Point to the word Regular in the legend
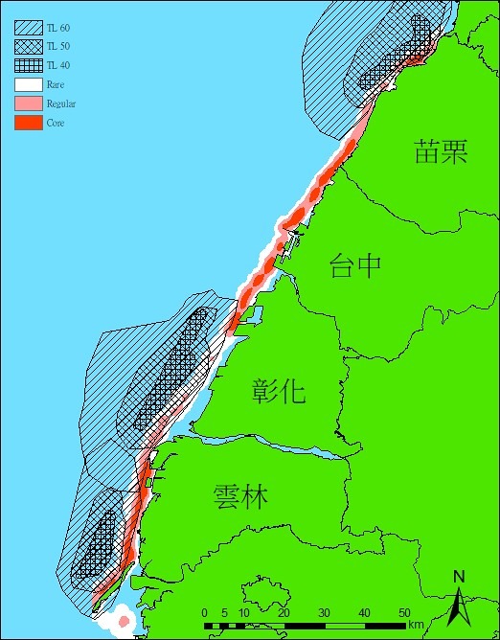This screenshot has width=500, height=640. [61, 103]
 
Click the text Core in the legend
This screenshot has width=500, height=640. [56, 123]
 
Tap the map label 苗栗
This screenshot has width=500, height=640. [442, 151]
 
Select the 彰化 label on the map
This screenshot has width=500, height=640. [279, 390]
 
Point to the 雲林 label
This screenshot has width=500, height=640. [240, 497]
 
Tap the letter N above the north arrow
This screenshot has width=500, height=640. [459, 576]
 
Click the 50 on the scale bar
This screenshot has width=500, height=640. [404, 613]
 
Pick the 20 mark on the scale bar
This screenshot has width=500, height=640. [284, 613]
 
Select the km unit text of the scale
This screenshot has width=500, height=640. [415, 626]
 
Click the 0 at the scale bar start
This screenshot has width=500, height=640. [205, 613]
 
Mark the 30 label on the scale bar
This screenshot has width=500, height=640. [324, 613]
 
